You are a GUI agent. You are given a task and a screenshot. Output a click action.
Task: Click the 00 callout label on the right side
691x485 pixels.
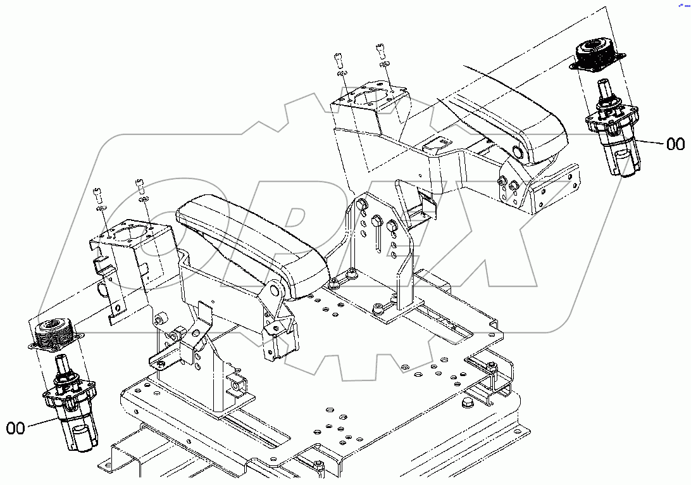[x=675, y=144]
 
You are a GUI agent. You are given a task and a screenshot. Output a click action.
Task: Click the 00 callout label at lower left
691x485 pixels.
[x=15, y=429]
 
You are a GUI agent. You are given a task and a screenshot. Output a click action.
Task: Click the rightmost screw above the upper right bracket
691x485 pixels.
[x=381, y=49]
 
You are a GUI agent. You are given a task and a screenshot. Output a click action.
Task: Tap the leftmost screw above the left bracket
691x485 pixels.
[x=97, y=193]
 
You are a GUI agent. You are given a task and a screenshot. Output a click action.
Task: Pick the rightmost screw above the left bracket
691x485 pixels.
[x=140, y=185]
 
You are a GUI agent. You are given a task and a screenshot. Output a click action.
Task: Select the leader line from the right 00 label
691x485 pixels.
[x=648, y=142]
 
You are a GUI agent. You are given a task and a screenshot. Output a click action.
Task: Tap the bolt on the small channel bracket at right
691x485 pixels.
[x=491, y=365]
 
